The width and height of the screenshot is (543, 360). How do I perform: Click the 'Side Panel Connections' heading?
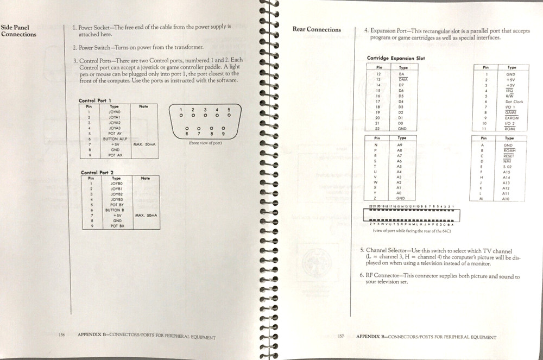coord(18,30)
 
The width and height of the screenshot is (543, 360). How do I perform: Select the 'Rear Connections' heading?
coord(317,29)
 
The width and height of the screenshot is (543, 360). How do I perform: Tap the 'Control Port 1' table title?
coord(95,101)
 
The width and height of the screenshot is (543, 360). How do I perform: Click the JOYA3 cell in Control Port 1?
coord(115,128)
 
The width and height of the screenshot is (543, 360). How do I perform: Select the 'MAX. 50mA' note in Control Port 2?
coord(146,215)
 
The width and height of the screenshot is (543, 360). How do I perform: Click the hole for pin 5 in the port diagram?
coord(229,115)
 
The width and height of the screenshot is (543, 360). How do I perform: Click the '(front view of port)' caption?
coord(205,143)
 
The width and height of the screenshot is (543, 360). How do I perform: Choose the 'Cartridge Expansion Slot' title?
coord(396,58)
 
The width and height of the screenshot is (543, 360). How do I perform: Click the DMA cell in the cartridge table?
coord(402,79)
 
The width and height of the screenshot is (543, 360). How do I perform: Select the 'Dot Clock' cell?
coord(514,102)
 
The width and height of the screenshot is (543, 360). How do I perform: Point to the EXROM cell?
coord(512,118)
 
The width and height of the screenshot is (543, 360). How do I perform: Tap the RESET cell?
coord(508,155)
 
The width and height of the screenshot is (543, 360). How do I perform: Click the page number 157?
coord(341,337)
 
